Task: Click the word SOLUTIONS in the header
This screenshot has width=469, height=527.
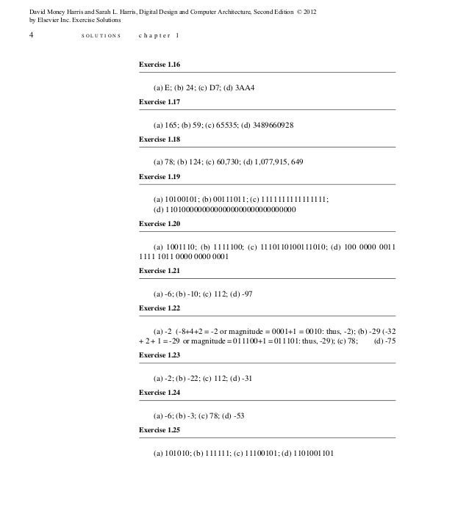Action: click(101, 35)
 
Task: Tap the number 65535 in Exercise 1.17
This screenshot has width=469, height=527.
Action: click(221, 125)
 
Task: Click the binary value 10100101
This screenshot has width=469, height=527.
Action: click(177, 199)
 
